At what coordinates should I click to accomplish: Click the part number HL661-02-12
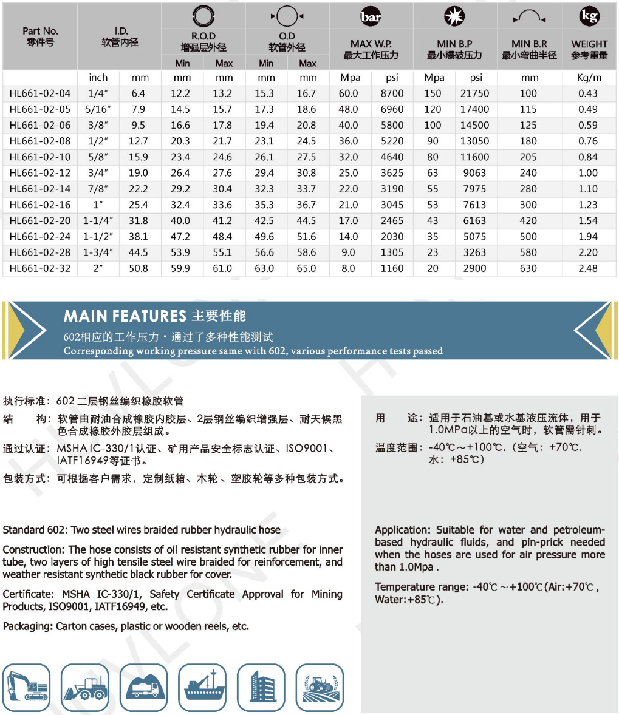(x=40, y=173)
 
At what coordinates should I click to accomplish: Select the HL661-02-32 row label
(x=40, y=268)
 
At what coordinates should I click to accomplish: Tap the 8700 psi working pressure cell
(x=392, y=93)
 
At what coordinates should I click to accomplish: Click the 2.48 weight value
(x=587, y=268)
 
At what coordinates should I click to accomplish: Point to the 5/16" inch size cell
(x=98, y=109)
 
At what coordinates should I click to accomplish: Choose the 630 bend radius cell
(x=528, y=268)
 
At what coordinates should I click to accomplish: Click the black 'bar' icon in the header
(x=371, y=17)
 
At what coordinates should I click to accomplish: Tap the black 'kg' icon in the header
(x=589, y=16)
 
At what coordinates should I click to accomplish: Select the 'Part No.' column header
(x=40, y=31)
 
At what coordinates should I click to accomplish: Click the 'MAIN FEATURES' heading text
(x=125, y=316)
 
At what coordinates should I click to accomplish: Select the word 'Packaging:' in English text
(x=28, y=626)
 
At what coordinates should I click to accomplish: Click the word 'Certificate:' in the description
(x=28, y=594)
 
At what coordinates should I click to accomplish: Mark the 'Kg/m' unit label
(x=589, y=78)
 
